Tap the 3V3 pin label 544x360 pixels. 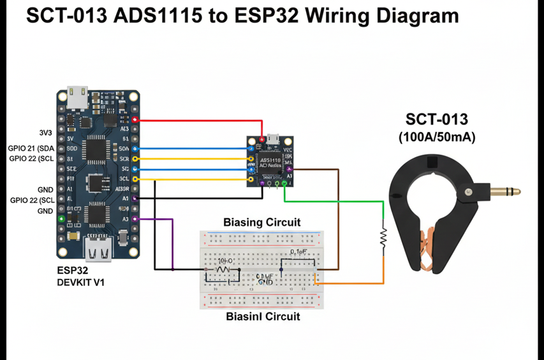click(45, 133)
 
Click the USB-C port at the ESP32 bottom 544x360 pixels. click(99, 250)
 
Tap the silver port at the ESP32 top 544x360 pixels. click(79, 97)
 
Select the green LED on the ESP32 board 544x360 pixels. click(61, 219)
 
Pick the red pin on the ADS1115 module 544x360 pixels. click(261, 139)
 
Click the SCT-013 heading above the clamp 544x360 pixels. click(436, 119)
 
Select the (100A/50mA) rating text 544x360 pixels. click(436, 137)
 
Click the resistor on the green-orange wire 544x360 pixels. click(383, 237)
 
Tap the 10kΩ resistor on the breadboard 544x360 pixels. click(223, 270)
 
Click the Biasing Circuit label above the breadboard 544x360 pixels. click(261, 223)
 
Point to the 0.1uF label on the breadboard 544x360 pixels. click(298, 253)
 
